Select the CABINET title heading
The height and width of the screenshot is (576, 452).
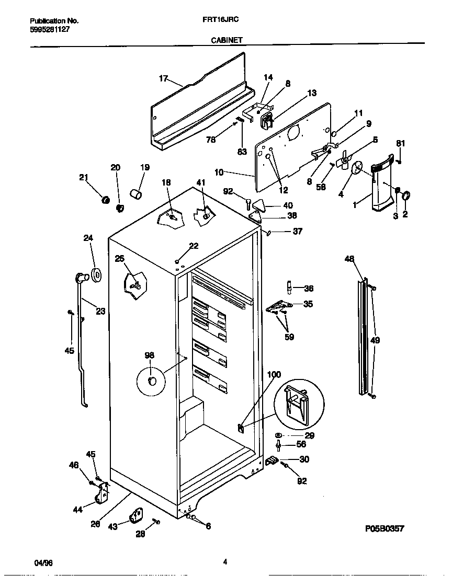click(x=226, y=40)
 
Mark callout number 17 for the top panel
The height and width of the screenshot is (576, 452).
click(x=163, y=78)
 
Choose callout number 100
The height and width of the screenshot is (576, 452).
click(x=274, y=374)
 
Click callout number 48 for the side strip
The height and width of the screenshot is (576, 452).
click(x=349, y=258)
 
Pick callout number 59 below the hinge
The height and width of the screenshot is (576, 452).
click(x=289, y=337)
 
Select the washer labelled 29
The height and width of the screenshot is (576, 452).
click(x=278, y=435)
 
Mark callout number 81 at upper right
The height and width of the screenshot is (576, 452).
click(x=400, y=143)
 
